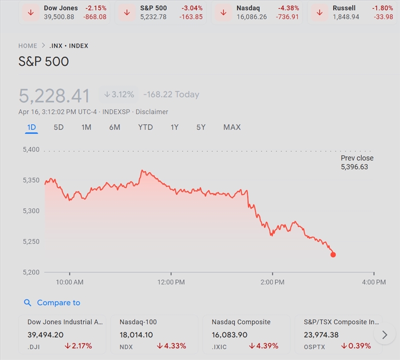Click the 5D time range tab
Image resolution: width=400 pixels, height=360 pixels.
58,127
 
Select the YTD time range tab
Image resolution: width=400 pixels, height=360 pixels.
145,127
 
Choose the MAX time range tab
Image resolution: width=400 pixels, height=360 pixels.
231,127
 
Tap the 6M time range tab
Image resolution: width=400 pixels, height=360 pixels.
114,127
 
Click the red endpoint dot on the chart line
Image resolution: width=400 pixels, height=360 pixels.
333,254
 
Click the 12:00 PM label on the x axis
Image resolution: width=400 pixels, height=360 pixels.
171,282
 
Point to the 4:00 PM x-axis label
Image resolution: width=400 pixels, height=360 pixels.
373,282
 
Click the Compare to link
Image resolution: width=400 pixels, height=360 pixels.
58,302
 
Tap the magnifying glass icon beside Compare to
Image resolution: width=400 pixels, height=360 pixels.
28,302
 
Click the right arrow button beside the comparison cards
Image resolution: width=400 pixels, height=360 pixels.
384,334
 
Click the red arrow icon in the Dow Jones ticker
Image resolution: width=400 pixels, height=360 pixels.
31,12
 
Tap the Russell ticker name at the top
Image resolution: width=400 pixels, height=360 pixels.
344,8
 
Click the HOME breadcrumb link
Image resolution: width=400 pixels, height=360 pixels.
28,45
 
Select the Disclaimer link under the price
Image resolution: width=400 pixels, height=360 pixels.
152,111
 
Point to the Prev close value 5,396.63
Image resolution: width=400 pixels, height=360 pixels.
354,166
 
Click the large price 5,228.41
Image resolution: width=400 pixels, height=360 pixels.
54,95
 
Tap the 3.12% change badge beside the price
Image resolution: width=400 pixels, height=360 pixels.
119,94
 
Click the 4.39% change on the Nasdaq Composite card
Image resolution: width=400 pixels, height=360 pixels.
263,345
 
